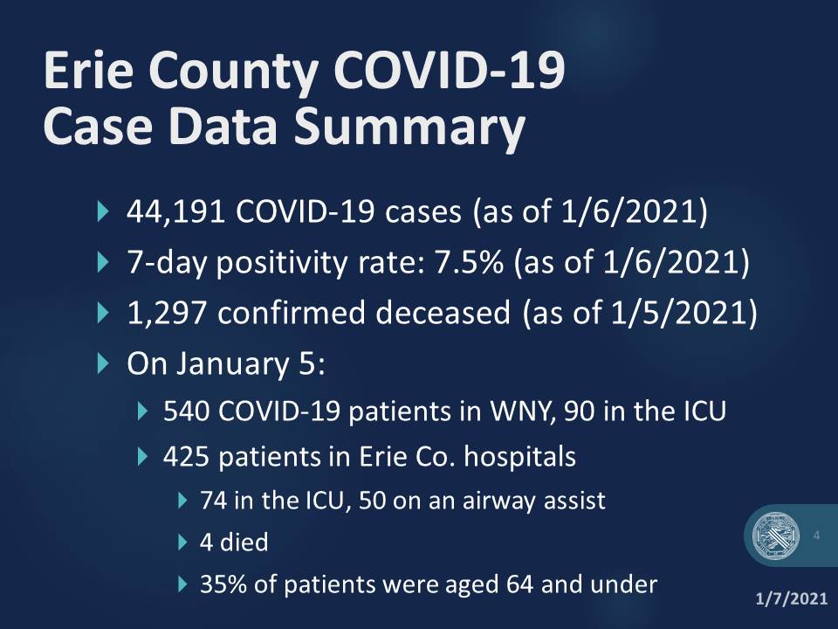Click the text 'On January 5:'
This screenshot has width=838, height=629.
(x=226, y=363)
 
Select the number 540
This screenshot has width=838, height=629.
(x=184, y=410)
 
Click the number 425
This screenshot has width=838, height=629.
(x=184, y=456)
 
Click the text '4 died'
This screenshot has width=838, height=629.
(x=233, y=543)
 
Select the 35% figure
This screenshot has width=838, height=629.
(x=222, y=583)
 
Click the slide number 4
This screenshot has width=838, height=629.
(x=816, y=535)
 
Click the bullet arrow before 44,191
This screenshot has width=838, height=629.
(x=106, y=212)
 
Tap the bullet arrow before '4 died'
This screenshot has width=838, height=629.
(x=183, y=543)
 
